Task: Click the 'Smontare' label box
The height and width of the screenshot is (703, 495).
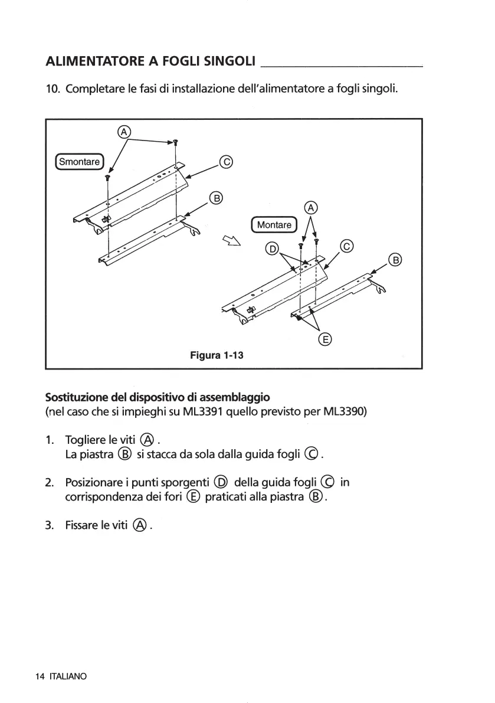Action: point(79,160)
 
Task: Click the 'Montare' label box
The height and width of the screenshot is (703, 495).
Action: point(274,225)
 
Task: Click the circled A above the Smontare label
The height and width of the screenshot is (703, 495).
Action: point(123,132)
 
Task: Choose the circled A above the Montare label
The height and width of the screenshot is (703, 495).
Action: point(310,207)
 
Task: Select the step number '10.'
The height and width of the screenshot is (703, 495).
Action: point(53,90)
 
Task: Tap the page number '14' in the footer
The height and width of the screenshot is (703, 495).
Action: point(40,676)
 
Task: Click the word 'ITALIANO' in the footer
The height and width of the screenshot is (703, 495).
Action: point(68,676)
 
